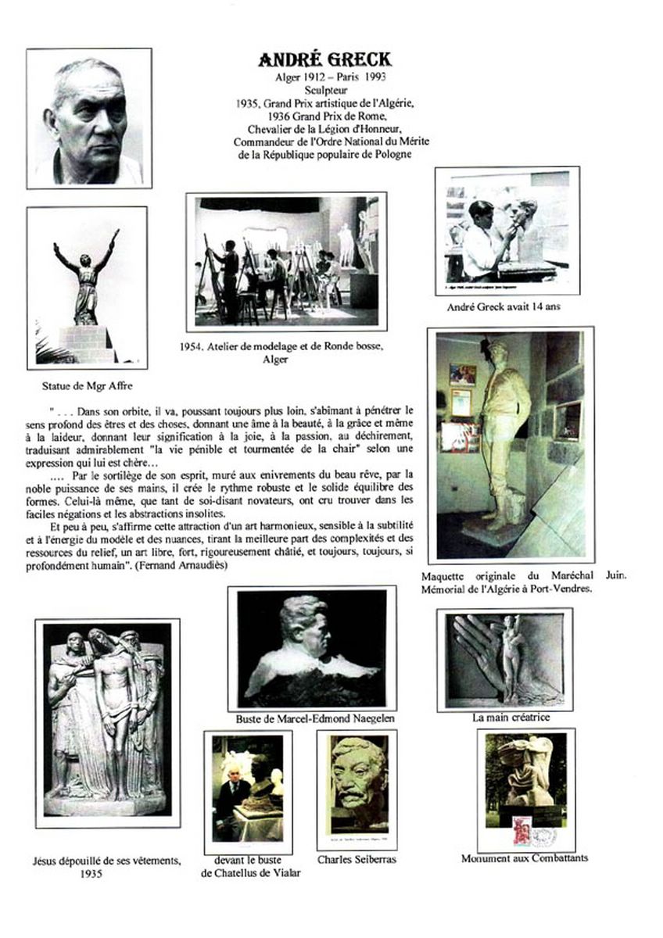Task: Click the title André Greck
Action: [325, 60]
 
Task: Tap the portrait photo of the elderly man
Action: [89, 118]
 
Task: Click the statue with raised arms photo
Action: [87, 288]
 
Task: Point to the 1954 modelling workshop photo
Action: [287, 262]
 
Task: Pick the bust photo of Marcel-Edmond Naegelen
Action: [311, 648]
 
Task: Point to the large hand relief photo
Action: [504, 659]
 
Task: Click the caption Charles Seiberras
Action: [356, 859]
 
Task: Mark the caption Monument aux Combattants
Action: [525, 858]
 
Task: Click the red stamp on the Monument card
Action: [521, 829]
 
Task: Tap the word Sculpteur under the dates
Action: [325, 89]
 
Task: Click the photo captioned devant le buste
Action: [248, 791]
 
